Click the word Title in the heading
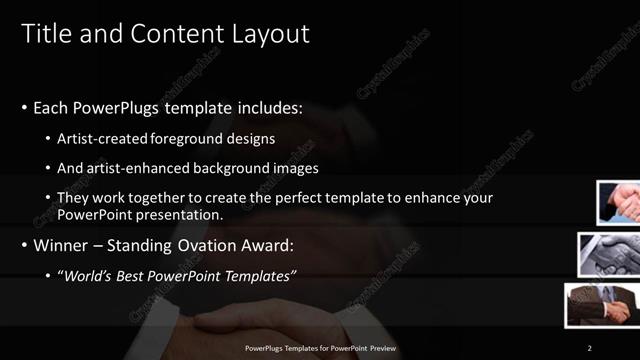45,34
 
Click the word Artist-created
103,138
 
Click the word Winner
64,245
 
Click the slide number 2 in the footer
589,347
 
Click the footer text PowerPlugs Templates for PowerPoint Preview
320,347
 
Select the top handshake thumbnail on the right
619,203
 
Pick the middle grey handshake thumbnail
609,254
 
